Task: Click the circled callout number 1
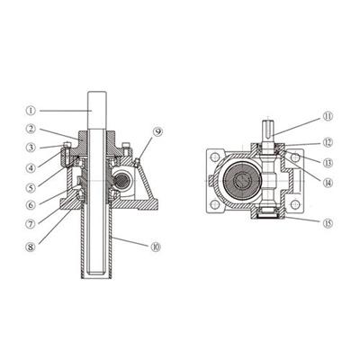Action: coord(31,111)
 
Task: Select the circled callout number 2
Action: coord(31,129)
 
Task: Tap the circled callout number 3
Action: coord(31,148)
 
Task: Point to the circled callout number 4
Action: coord(31,167)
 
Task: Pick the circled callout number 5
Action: coord(31,187)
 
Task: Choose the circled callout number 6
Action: coord(31,205)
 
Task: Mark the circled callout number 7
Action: coord(31,224)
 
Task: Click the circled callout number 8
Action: coord(31,247)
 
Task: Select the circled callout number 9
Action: coord(157,132)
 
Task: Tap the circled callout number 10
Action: coord(156,247)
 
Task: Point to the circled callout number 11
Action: coord(328,116)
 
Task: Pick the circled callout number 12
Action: coord(328,142)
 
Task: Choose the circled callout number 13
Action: coord(328,163)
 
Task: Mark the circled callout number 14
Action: coord(328,183)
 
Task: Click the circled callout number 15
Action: coord(328,223)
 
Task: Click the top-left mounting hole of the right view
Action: coord(214,157)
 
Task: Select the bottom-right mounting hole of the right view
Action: coord(294,205)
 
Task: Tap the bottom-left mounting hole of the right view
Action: coord(214,205)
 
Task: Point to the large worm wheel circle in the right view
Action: coord(241,181)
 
